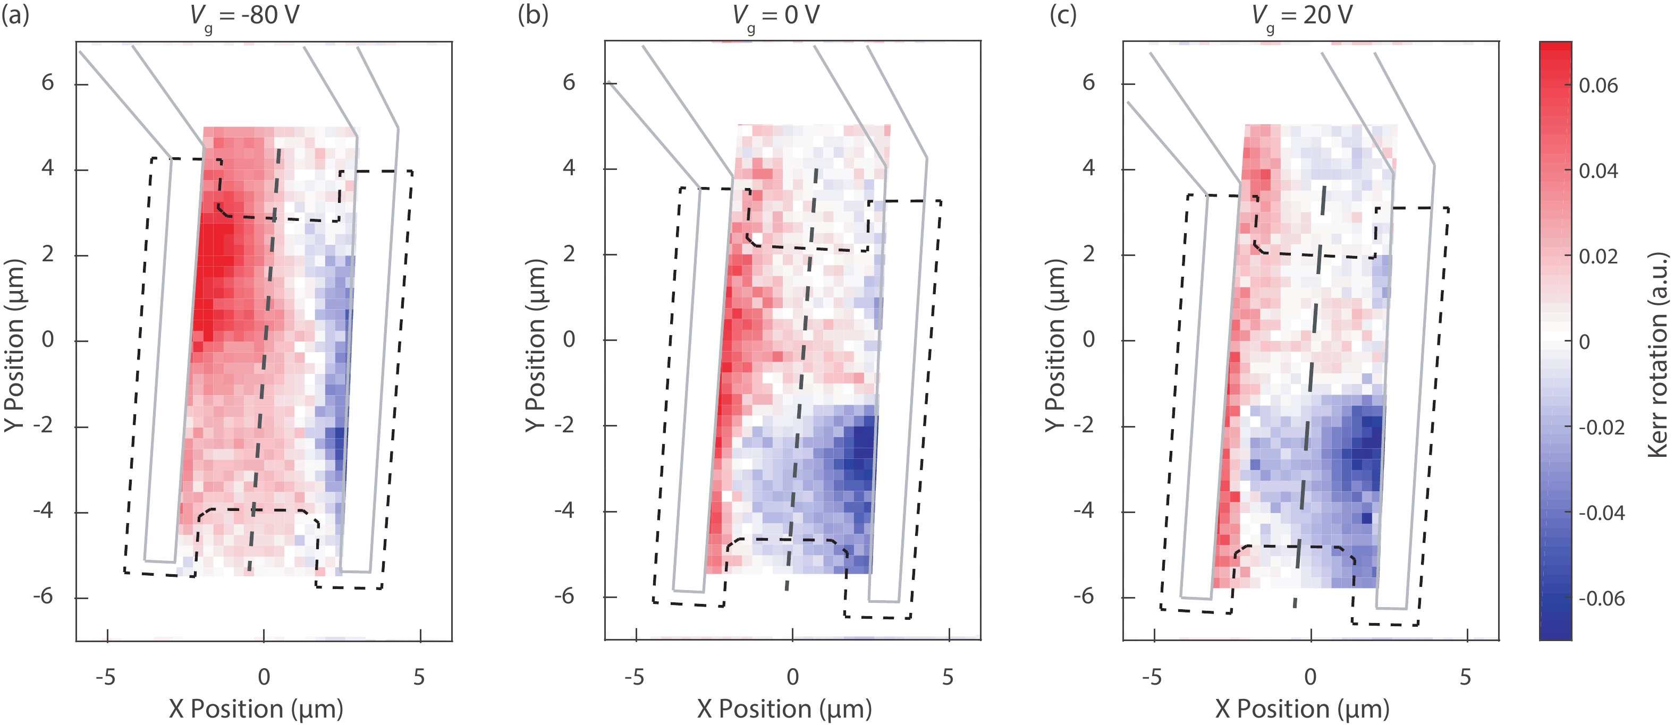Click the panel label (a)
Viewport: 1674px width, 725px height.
tap(15, 14)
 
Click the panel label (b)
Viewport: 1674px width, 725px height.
tap(533, 14)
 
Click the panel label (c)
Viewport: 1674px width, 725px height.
tap(1063, 14)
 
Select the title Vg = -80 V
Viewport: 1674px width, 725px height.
tap(245, 15)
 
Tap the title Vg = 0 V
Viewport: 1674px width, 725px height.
tap(776, 15)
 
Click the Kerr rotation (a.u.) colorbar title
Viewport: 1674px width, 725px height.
tap(1659, 354)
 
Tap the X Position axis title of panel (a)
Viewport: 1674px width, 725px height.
tap(256, 709)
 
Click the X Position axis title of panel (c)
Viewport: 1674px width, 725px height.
tap(1303, 709)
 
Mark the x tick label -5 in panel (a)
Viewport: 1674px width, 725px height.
tap(105, 677)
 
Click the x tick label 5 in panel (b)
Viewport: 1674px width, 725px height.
tap(948, 677)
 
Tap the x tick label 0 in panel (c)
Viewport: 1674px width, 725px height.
tap(1311, 677)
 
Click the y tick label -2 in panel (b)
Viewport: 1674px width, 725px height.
tap(564, 425)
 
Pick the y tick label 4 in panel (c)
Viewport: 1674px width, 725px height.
tap(1088, 168)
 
